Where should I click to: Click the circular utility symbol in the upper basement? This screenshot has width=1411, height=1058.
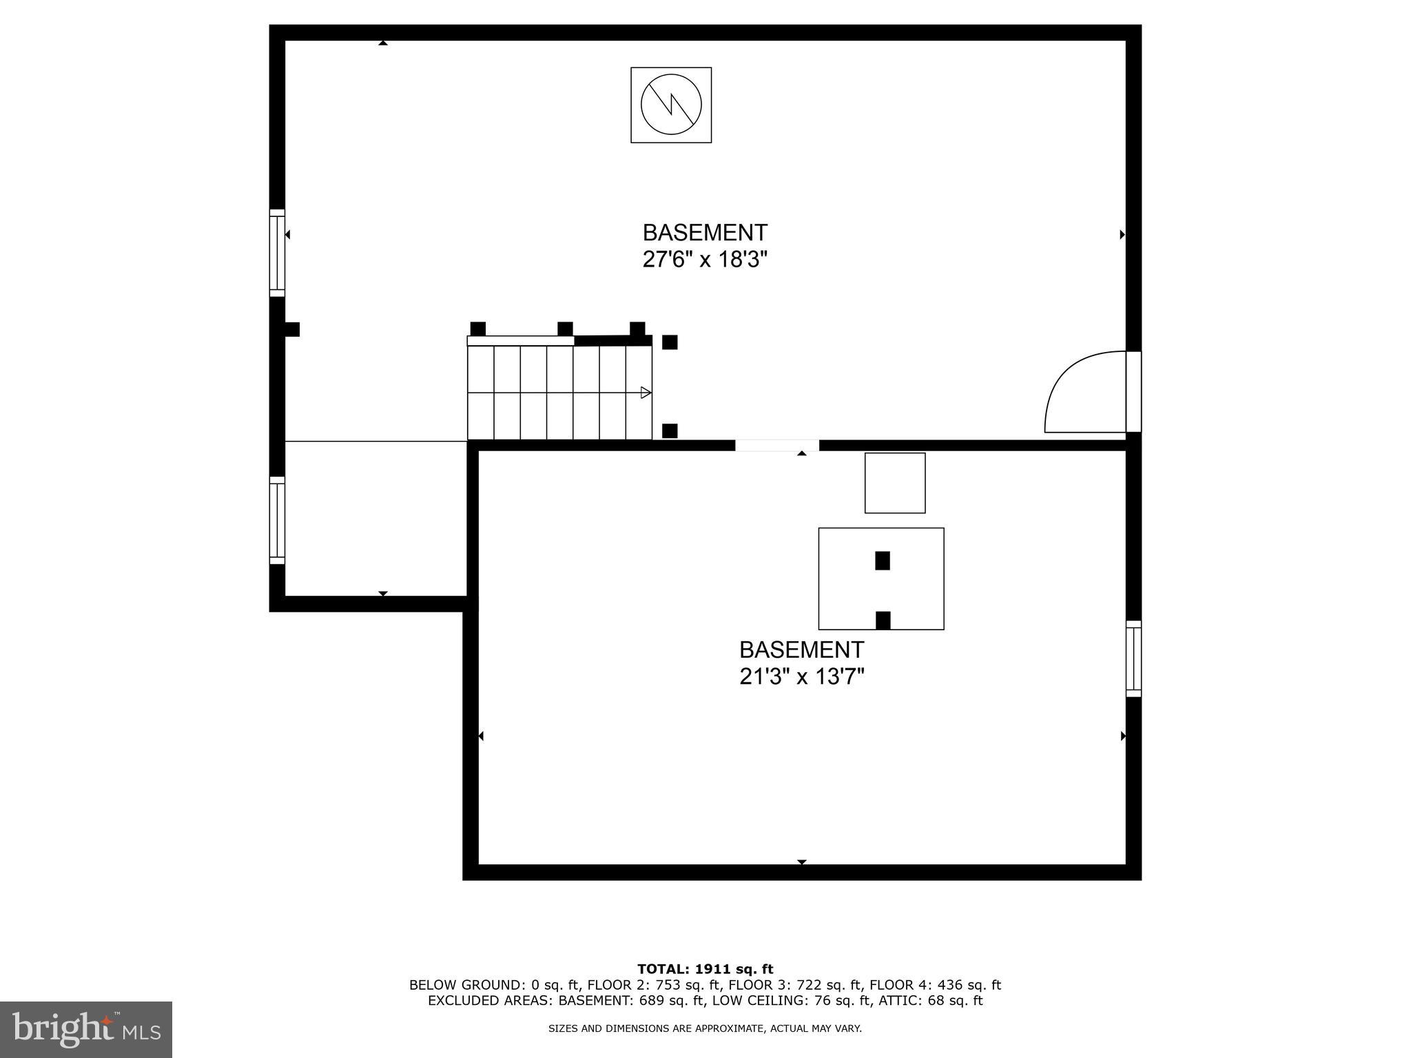tap(671, 105)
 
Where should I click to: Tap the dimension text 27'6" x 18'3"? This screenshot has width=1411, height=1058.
tap(705, 260)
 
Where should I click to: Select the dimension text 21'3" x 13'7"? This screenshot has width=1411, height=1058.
tap(801, 677)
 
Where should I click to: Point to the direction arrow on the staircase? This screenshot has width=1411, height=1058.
tap(646, 393)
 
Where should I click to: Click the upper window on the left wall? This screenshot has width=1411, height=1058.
tap(277, 253)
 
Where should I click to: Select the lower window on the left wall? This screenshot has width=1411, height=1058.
tap(277, 520)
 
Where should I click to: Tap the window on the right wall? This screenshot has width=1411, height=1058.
tap(1133, 658)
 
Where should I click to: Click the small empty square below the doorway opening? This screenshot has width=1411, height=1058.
tap(895, 483)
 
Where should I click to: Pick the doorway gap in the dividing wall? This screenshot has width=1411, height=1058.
tap(776, 446)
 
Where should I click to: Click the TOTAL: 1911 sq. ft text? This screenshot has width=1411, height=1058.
tap(705, 969)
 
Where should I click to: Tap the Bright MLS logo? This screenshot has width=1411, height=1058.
tap(86, 1029)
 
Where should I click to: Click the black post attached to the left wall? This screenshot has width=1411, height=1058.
tap(292, 329)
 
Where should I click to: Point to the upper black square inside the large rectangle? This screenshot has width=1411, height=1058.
tap(882, 561)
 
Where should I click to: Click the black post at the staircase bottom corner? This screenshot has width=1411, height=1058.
tap(670, 431)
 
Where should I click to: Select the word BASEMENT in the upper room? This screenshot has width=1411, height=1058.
tap(705, 232)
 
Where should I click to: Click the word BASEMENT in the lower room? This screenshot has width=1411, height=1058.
tap(801, 650)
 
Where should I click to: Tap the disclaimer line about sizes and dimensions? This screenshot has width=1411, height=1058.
tap(705, 1028)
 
